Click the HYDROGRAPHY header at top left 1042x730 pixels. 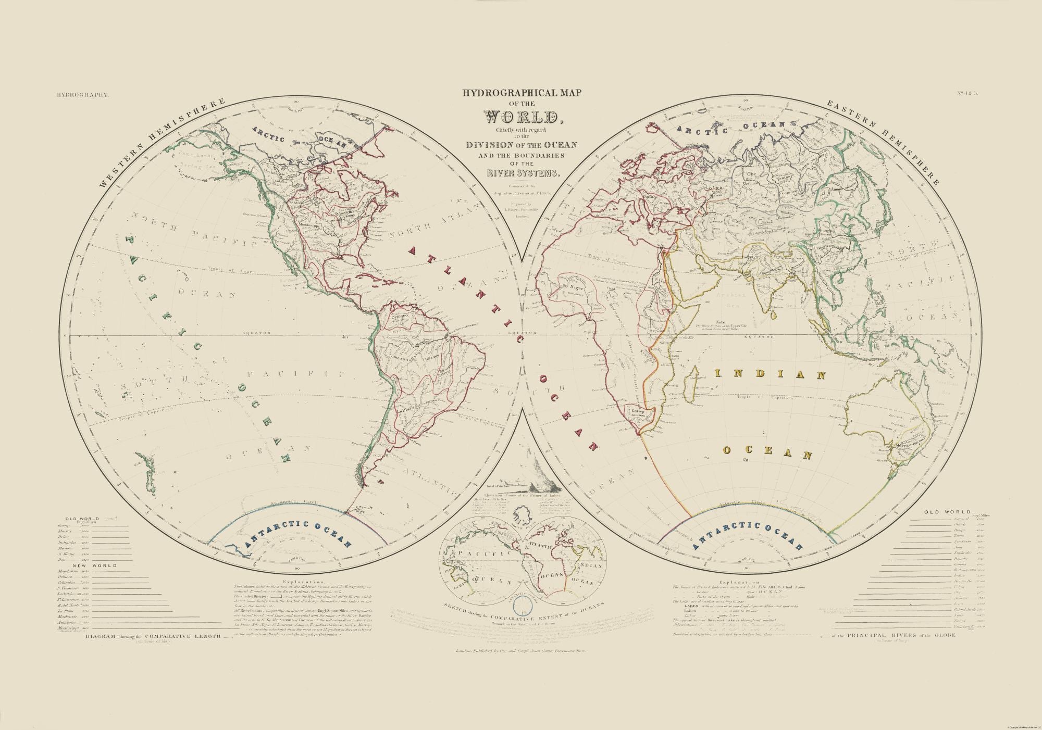point(81,95)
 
